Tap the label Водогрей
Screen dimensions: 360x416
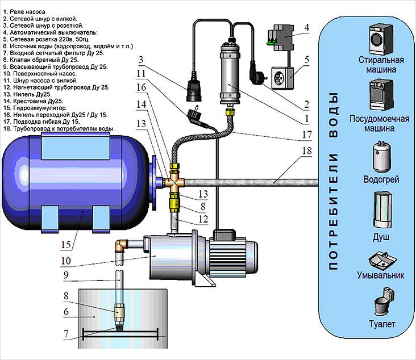[381, 179]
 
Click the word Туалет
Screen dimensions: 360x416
[381, 324]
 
